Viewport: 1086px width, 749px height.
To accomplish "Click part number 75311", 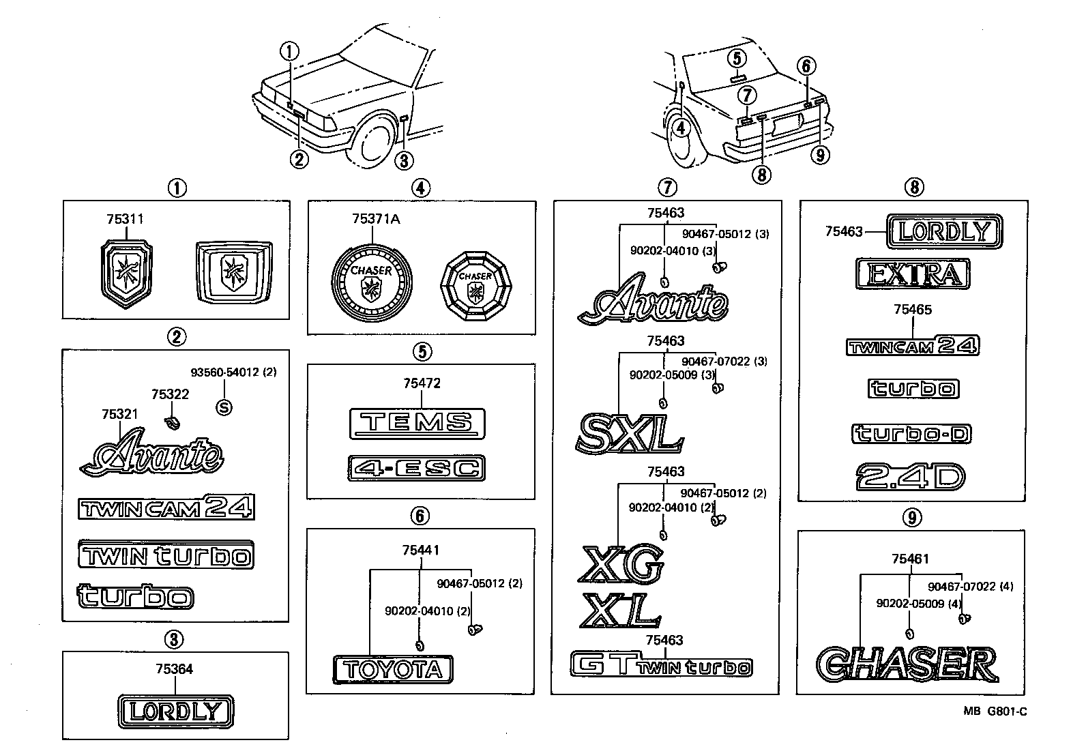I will point(125,219).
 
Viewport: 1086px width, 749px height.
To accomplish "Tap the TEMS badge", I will point(416,424).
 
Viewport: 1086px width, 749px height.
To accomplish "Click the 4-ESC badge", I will point(416,468).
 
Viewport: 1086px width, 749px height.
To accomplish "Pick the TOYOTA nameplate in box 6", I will point(393,669).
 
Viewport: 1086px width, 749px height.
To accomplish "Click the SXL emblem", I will point(629,433).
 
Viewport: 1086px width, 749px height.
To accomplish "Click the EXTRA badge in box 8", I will point(912,274).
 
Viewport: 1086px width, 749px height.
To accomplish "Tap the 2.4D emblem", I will point(911,477).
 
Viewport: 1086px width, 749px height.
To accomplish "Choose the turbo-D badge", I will point(912,434).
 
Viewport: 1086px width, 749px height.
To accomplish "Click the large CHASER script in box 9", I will point(907,664).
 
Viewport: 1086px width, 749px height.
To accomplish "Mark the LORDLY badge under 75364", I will point(175,711).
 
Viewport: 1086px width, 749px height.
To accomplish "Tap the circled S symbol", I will point(224,407).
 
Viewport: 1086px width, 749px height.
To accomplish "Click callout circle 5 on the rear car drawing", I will point(737,58).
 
